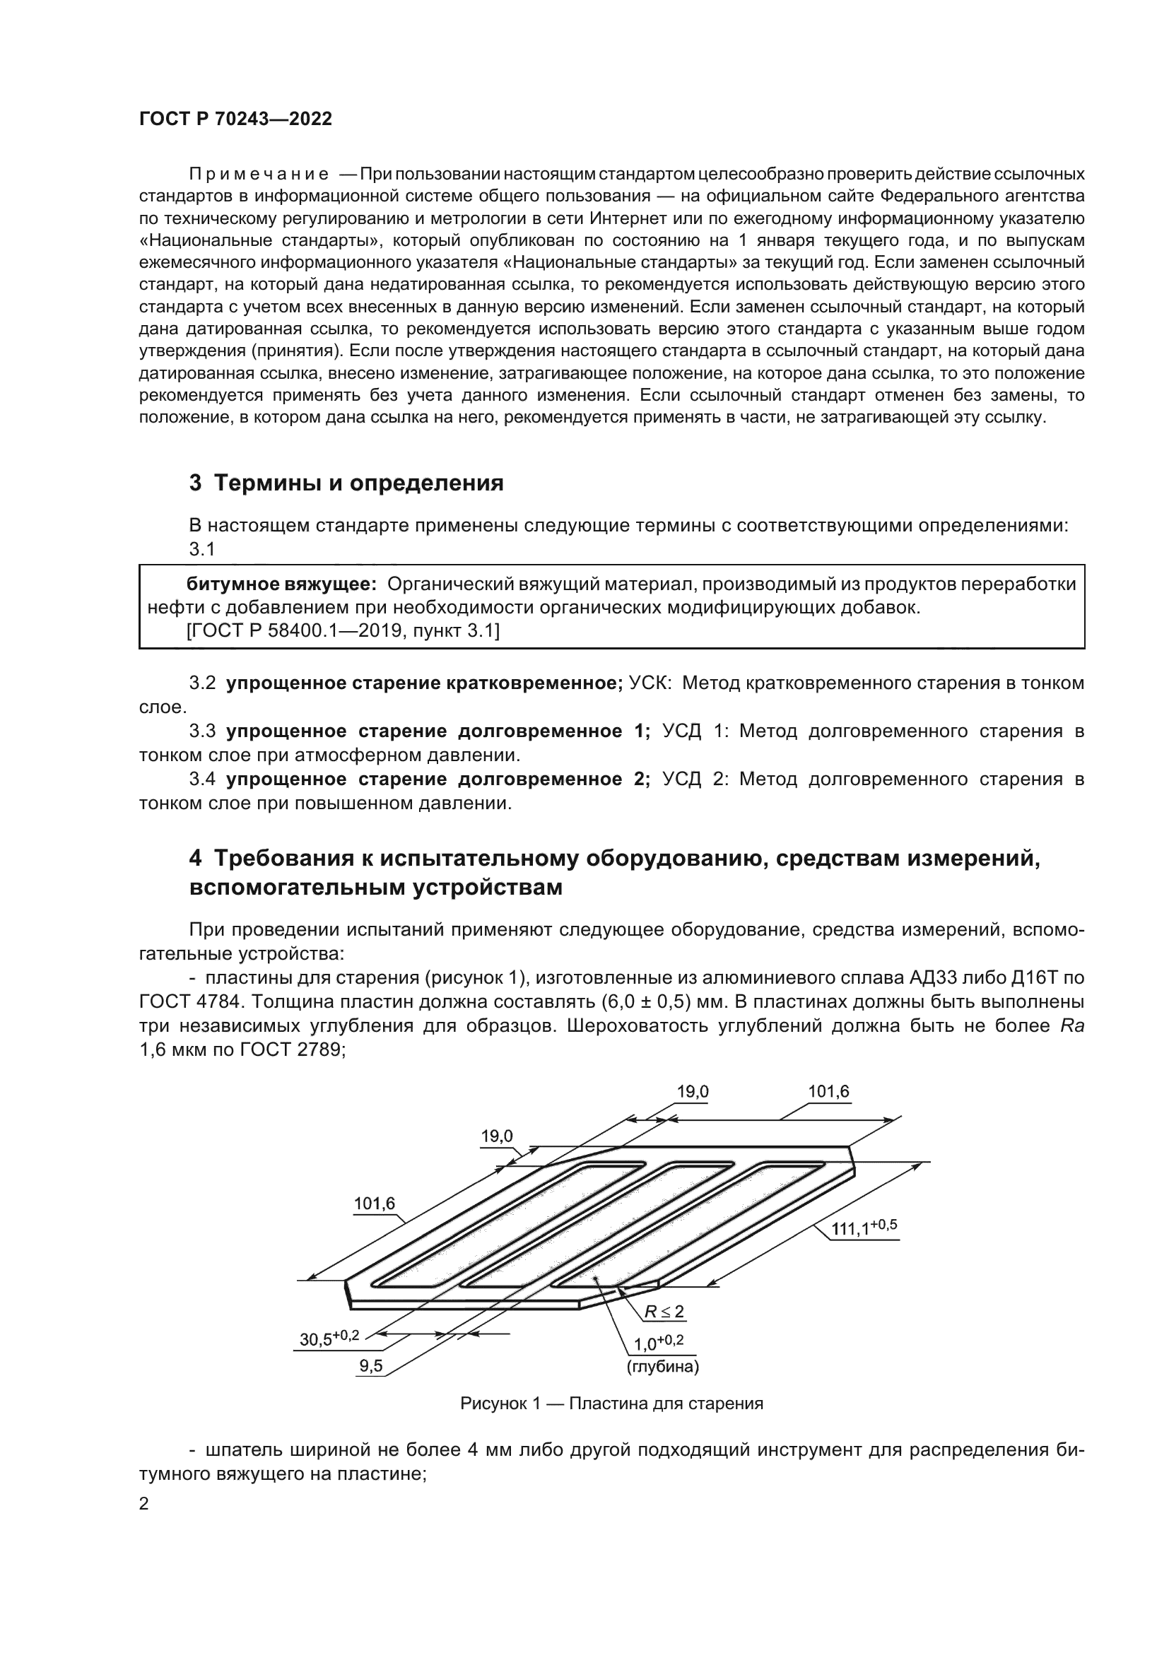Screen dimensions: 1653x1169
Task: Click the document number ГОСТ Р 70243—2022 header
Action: pos(235,119)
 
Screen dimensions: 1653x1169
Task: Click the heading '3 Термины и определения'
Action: pos(346,483)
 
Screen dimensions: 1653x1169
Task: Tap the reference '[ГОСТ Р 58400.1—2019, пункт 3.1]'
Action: pos(343,631)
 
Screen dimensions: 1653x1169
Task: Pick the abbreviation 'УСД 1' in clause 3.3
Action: pos(695,731)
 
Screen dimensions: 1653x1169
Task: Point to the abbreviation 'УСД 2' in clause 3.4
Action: pos(695,779)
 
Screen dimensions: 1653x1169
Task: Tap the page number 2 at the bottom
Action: pos(144,1504)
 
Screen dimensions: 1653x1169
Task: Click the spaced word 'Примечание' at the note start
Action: pos(259,175)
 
